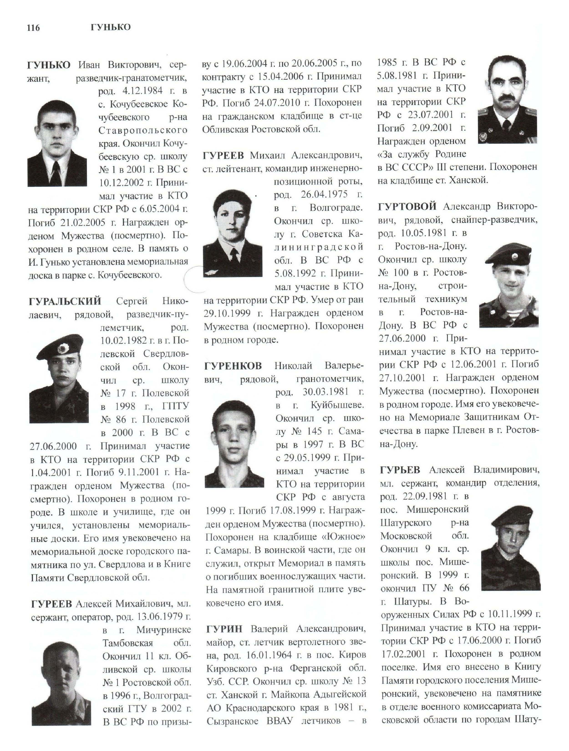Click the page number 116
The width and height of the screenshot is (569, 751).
33,28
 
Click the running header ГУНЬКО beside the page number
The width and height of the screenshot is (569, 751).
111,27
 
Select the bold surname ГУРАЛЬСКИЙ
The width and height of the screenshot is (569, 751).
65,301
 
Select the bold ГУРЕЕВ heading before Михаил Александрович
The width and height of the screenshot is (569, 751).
224,155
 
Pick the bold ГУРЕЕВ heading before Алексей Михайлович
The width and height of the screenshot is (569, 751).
52,604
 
